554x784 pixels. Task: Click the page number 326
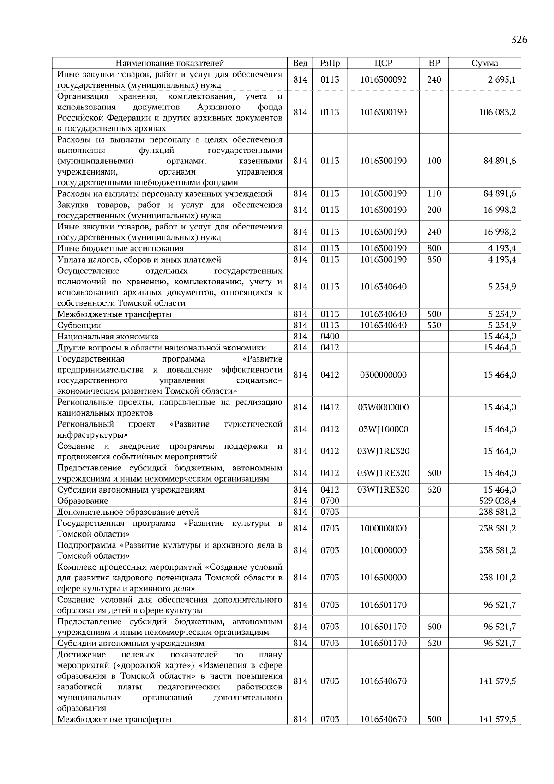[x=519, y=40]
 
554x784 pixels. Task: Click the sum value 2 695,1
[x=502, y=79]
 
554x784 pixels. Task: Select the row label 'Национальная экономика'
[x=108, y=337]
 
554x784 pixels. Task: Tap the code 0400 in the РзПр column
[x=330, y=337]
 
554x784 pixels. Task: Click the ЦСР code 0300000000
[x=383, y=375]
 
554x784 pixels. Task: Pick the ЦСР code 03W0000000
[x=383, y=407]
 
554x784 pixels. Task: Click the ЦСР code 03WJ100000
[x=383, y=429]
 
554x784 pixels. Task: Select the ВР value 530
[x=434, y=326]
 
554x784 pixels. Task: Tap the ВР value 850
[x=434, y=259]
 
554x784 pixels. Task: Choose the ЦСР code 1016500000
[x=383, y=578]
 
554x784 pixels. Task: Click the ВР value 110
[x=434, y=193]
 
